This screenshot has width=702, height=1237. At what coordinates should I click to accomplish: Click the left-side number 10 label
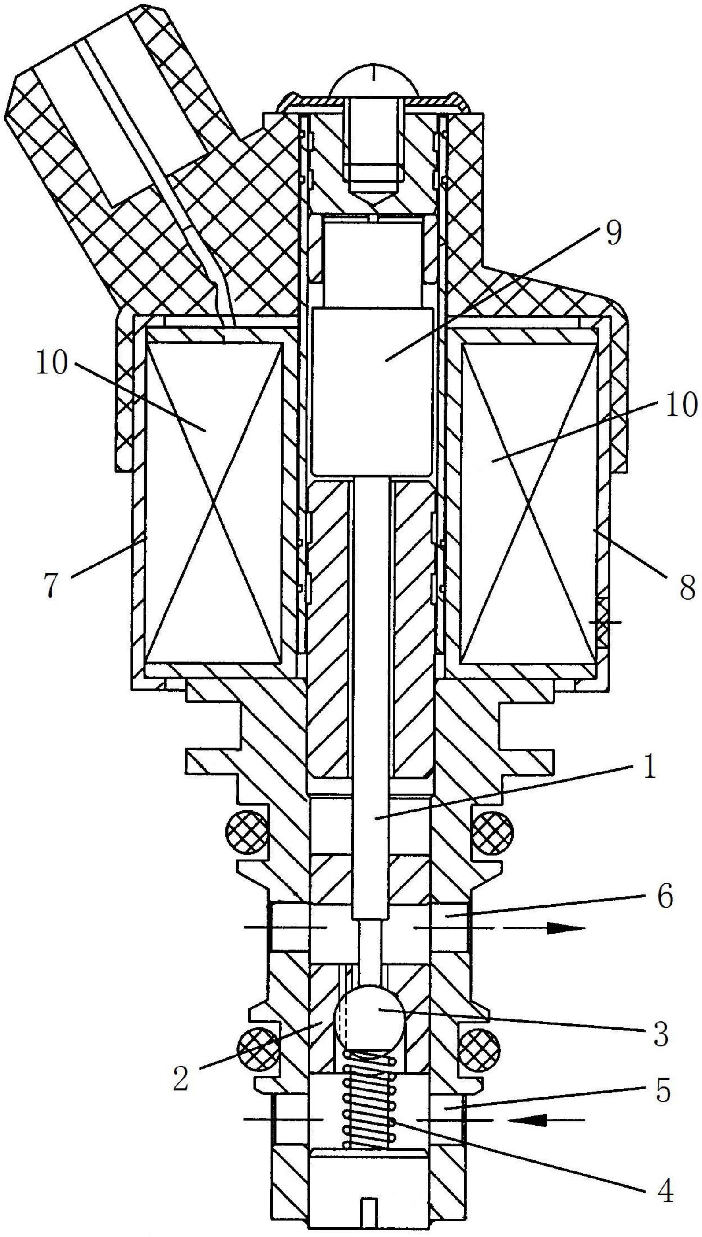click(x=51, y=363)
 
